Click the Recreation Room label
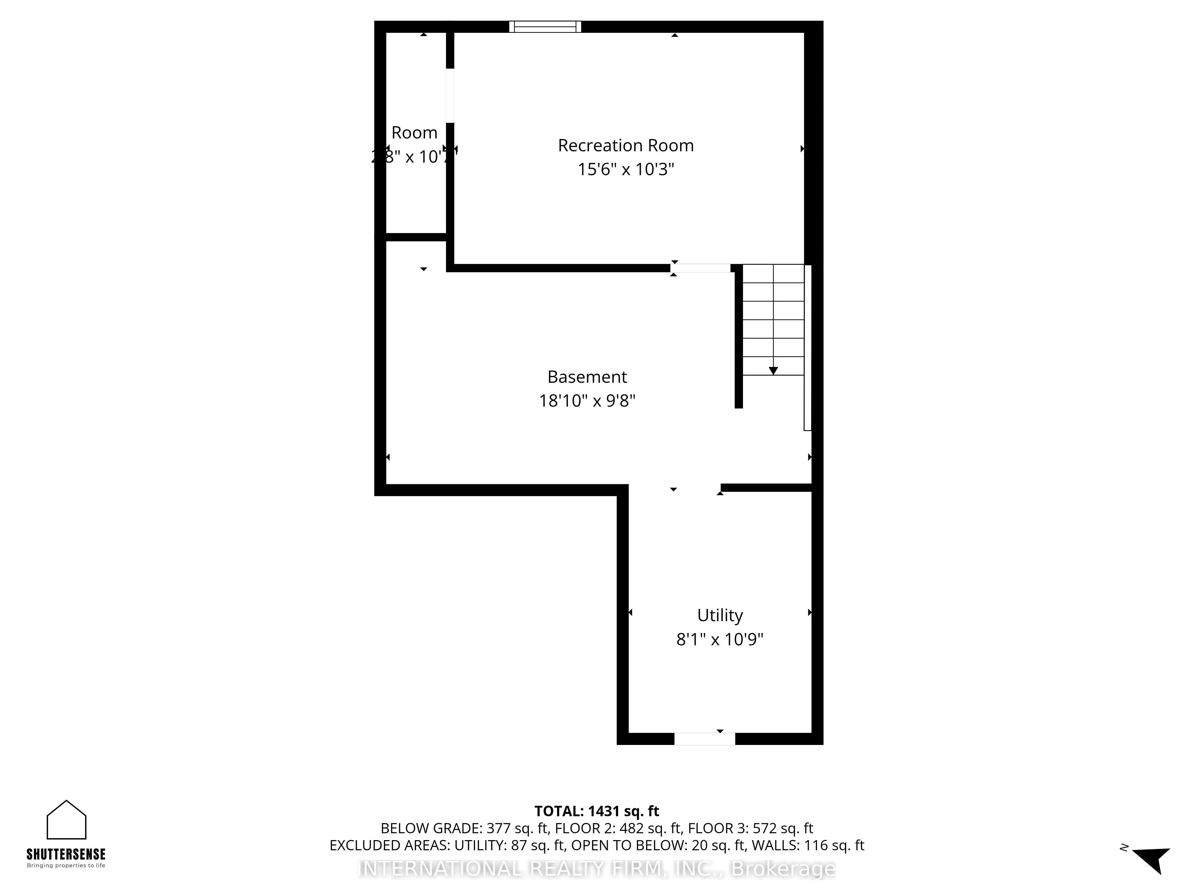pyautogui.click(x=626, y=146)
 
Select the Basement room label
pyautogui.click(x=587, y=376)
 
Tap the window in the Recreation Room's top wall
pyautogui.click(x=545, y=27)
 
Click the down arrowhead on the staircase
pyautogui.click(x=773, y=371)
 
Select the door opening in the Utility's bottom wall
pyautogui.click(x=704, y=739)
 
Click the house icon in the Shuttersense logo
pyautogui.click(x=66, y=820)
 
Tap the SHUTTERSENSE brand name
pyautogui.click(x=66, y=854)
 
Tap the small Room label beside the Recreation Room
pyautogui.click(x=414, y=133)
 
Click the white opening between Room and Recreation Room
pyautogui.click(x=450, y=95)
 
